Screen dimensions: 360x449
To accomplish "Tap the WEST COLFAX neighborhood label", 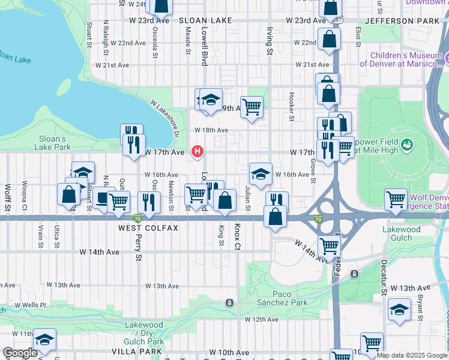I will (x=148, y=229).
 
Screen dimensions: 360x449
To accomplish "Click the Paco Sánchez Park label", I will (x=282, y=299).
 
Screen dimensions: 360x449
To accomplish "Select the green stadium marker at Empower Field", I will (x=408, y=145).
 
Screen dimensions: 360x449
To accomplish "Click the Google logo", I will (x=20, y=353).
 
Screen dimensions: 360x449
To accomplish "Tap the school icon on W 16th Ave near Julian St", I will (x=261, y=175).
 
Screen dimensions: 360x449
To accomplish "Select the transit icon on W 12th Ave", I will (x=229, y=303).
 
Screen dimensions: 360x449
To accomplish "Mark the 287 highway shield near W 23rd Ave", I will (x=338, y=20).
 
